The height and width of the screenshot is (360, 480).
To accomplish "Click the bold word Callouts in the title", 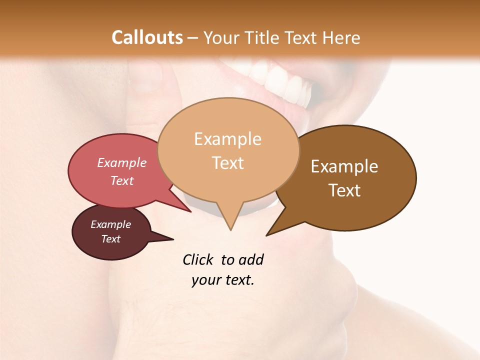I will (x=147, y=38).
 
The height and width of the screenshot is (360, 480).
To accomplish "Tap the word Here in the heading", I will (x=341, y=38).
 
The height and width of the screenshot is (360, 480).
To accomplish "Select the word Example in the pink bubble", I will (x=121, y=162).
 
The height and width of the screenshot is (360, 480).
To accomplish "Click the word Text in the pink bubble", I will (x=121, y=180).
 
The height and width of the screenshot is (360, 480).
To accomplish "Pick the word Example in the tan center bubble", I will (x=227, y=139).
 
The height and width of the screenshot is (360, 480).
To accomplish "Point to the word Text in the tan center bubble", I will (x=227, y=163).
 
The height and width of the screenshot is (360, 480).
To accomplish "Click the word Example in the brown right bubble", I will (x=344, y=166).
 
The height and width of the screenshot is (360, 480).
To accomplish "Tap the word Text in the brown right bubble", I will (x=344, y=190).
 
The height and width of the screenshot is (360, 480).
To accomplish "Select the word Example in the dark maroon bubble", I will (x=110, y=224).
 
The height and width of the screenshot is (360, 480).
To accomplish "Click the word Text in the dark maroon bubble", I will (x=110, y=239).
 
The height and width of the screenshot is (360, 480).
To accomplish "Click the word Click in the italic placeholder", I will (x=197, y=259).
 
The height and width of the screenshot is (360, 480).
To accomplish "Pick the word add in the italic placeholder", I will (x=250, y=259).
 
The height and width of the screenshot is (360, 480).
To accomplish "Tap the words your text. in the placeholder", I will (x=223, y=280).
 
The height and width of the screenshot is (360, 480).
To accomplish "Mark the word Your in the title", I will (x=222, y=38).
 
